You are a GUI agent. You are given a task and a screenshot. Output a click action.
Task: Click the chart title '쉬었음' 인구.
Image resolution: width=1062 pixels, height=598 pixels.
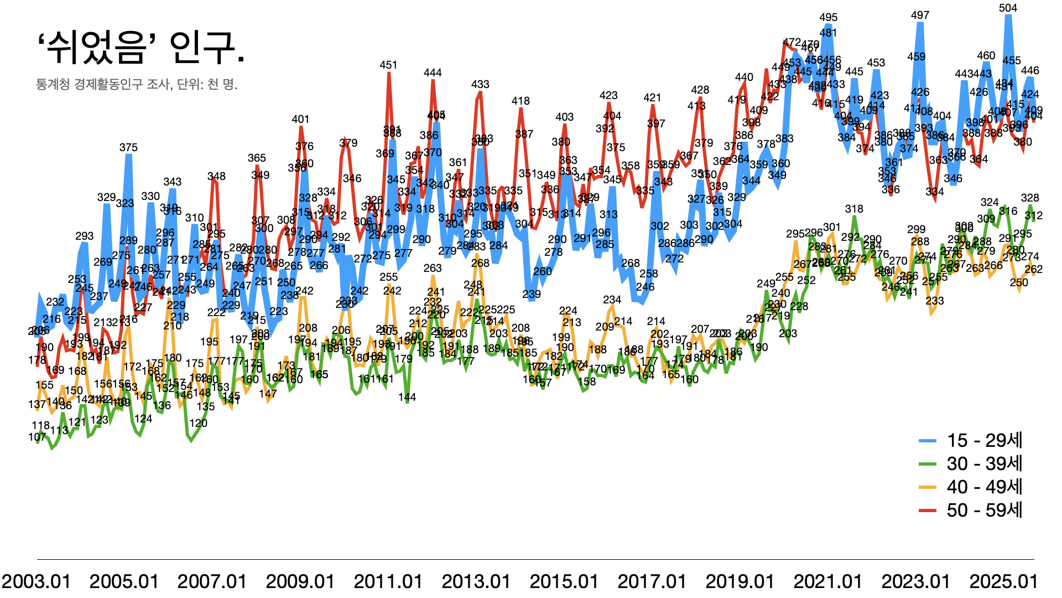click(141, 48)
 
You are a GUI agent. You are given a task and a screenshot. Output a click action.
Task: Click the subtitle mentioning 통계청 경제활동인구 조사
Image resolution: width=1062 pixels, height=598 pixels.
click(137, 85)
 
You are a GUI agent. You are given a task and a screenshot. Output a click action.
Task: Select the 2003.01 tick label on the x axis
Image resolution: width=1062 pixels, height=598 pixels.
click(37, 581)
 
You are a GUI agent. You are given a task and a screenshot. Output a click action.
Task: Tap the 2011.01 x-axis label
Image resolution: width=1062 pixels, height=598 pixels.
click(388, 581)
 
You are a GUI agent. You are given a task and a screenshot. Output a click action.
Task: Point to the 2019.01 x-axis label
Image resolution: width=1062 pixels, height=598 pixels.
click(740, 581)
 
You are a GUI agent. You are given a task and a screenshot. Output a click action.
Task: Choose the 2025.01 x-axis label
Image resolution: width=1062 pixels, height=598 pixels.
click(1004, 581)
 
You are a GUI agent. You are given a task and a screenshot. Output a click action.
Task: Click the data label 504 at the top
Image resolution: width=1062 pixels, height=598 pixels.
click(1008, 8)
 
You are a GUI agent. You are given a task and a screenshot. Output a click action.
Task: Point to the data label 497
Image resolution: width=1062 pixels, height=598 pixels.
click(920, 15)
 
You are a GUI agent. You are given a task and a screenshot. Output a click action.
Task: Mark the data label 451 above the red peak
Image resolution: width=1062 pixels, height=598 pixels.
click(388, 65)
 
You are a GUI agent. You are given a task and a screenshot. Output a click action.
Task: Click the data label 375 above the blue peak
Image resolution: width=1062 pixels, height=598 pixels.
click(128, 147)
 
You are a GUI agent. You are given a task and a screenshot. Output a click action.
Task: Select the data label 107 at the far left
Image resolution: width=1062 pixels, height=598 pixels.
click(37, 437)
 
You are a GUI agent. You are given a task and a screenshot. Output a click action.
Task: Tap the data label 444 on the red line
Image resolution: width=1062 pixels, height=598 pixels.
click(433, 73)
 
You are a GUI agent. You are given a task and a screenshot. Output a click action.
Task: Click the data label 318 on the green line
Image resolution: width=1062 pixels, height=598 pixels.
click(854, 209)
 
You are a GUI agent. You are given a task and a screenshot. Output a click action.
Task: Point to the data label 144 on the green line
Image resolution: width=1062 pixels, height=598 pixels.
click(407, 397)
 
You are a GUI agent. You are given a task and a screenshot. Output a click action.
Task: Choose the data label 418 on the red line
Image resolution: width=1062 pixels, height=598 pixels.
click(520, 101)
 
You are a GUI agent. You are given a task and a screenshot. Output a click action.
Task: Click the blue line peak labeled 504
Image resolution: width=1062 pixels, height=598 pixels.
click(1008, 18)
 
